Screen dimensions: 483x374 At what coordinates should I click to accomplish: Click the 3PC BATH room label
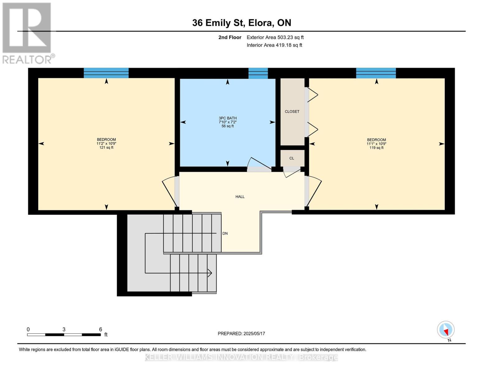pos(228,118)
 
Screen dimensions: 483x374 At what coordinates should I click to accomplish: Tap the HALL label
pos(240,197)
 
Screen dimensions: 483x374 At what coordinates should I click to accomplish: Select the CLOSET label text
pos(292,112)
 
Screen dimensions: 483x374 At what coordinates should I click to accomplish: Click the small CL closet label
pos(292,158)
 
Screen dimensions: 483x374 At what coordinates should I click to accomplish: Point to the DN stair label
pos(225,233)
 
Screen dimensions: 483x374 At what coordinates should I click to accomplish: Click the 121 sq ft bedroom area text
pos(106,147)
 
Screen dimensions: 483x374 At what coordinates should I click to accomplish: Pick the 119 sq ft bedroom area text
pos(376,148)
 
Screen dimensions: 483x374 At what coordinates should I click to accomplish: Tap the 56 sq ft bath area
pos(228,126)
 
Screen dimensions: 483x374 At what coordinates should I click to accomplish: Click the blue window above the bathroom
pos(258,73)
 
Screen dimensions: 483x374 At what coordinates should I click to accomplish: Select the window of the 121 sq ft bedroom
pos(106,73)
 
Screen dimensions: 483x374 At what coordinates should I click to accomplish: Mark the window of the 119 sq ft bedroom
pos(376,73)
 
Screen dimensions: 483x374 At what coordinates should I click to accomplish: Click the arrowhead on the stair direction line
pos(210,273)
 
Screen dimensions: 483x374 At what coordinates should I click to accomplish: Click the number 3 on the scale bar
pos(64,329)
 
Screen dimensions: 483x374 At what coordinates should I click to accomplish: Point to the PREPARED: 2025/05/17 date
pos(241,333)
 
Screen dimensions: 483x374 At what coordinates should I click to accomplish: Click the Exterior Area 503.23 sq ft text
pos(275,37)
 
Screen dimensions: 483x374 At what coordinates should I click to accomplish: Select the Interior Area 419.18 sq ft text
pos(275,45)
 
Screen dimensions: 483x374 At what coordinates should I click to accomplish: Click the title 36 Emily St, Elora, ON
pos(242,23)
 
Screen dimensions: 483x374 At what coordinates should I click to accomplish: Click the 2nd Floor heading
pos(230,37)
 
